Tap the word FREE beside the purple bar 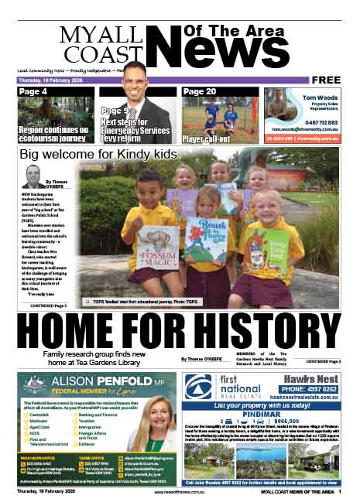(x=332, y=80)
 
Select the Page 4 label (x=33, y=92)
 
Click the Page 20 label (x=200, y=92)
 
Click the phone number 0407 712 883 (x=319, y=121)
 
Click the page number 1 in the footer (x=350, y=492)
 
